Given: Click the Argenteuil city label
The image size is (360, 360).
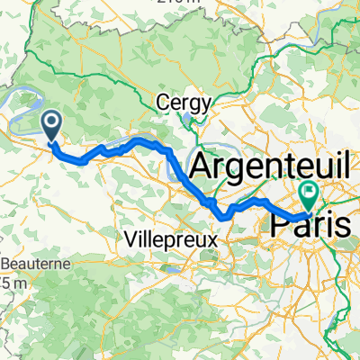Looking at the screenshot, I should coord(262,166).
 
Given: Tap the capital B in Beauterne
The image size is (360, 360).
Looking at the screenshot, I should coord(7,265).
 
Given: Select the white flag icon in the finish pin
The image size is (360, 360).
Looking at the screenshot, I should coord(310,189).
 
